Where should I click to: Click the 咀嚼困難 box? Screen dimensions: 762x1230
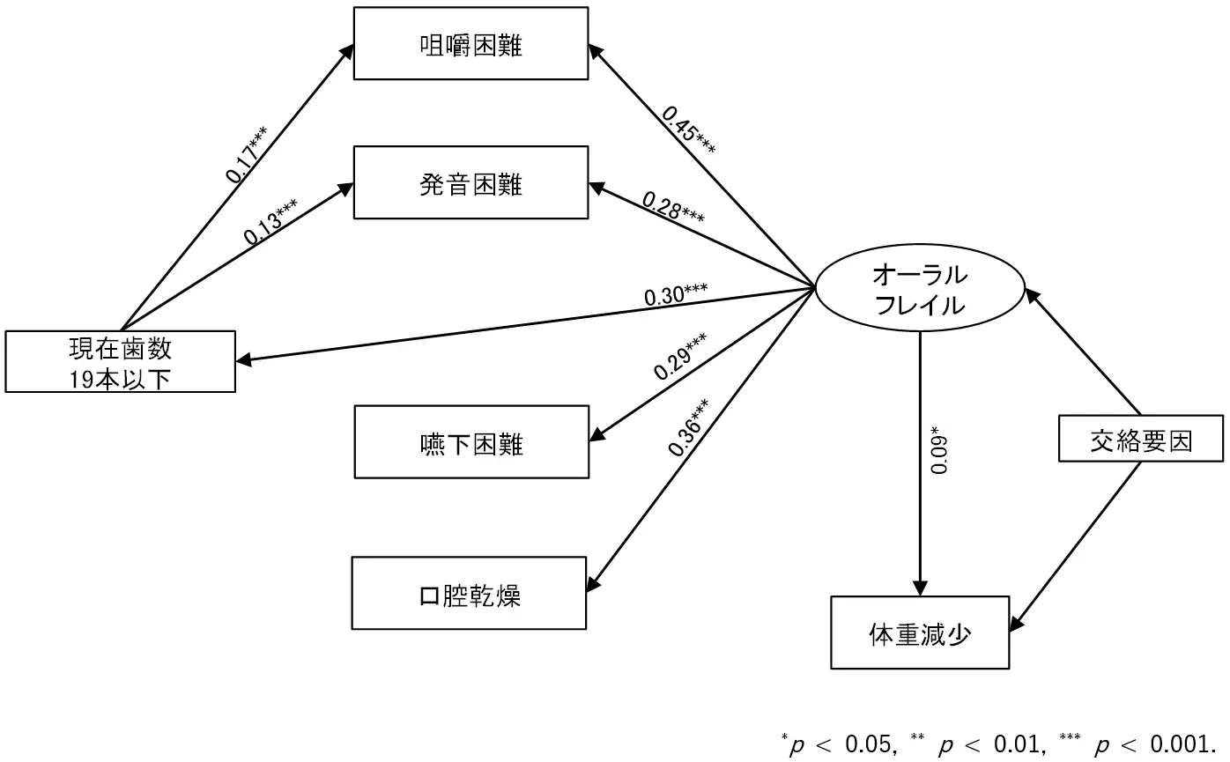(x=471, y=44)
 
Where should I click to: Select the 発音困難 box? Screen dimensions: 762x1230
(x=471, y=183)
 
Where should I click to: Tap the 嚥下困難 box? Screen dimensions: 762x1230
(x=471, y=442)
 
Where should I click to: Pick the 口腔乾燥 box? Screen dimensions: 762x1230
(x=469, y=594)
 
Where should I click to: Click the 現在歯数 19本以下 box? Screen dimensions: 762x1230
(x=120, y=361)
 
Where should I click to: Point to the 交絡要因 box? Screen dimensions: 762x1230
(x=1140, y=439)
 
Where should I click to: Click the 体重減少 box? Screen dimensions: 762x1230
(x=920, y=633)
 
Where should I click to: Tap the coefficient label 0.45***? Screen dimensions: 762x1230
(x=688, y=130)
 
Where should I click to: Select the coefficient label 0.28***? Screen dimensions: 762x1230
(x=673, y=207)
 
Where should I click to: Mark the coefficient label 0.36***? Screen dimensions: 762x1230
(x=689, y=427)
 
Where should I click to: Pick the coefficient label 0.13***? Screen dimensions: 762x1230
(x=270, y=221)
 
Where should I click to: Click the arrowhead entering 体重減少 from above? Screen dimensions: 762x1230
(x=920, y=589)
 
